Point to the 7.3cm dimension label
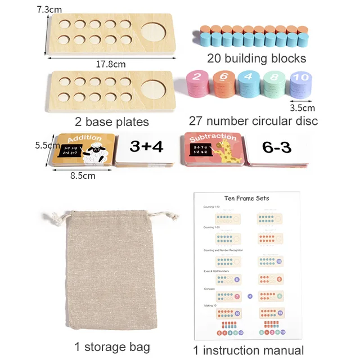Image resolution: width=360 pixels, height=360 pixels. coord(51,10)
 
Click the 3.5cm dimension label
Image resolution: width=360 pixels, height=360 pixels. coord(302,107)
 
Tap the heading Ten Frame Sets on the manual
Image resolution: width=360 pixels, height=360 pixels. coord(246,198)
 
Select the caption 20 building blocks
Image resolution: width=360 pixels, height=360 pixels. coord(256,58)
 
